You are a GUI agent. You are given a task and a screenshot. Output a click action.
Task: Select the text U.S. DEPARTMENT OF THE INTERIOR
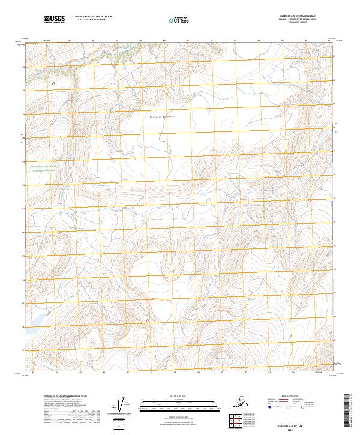click(x=90, y=17)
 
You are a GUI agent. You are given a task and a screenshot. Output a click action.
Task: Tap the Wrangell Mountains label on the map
click(x=161, y=118)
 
